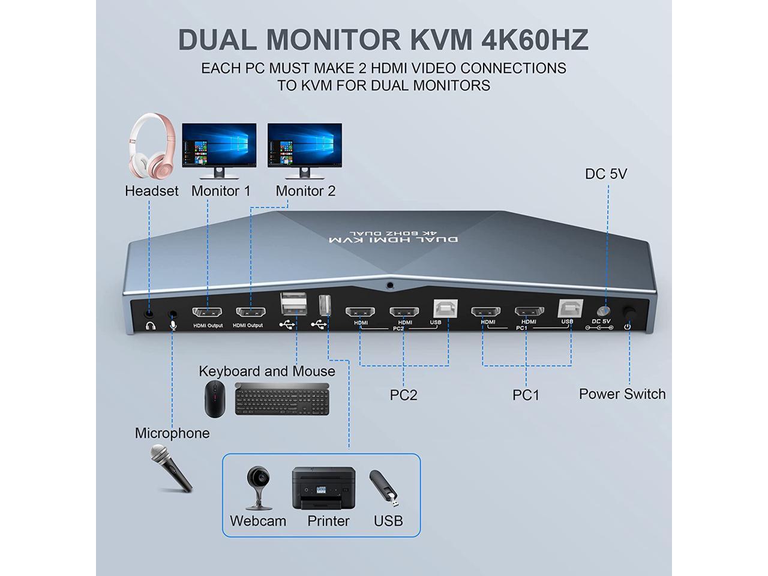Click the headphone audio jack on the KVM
tap(149, 313)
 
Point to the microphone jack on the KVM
tap(174, 313)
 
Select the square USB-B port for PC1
tap(568, 308)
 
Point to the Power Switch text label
tap(622, 394)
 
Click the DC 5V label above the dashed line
tap(606, 174)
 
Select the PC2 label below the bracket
tap(403, 395)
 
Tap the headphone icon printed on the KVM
tap(150, 326)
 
